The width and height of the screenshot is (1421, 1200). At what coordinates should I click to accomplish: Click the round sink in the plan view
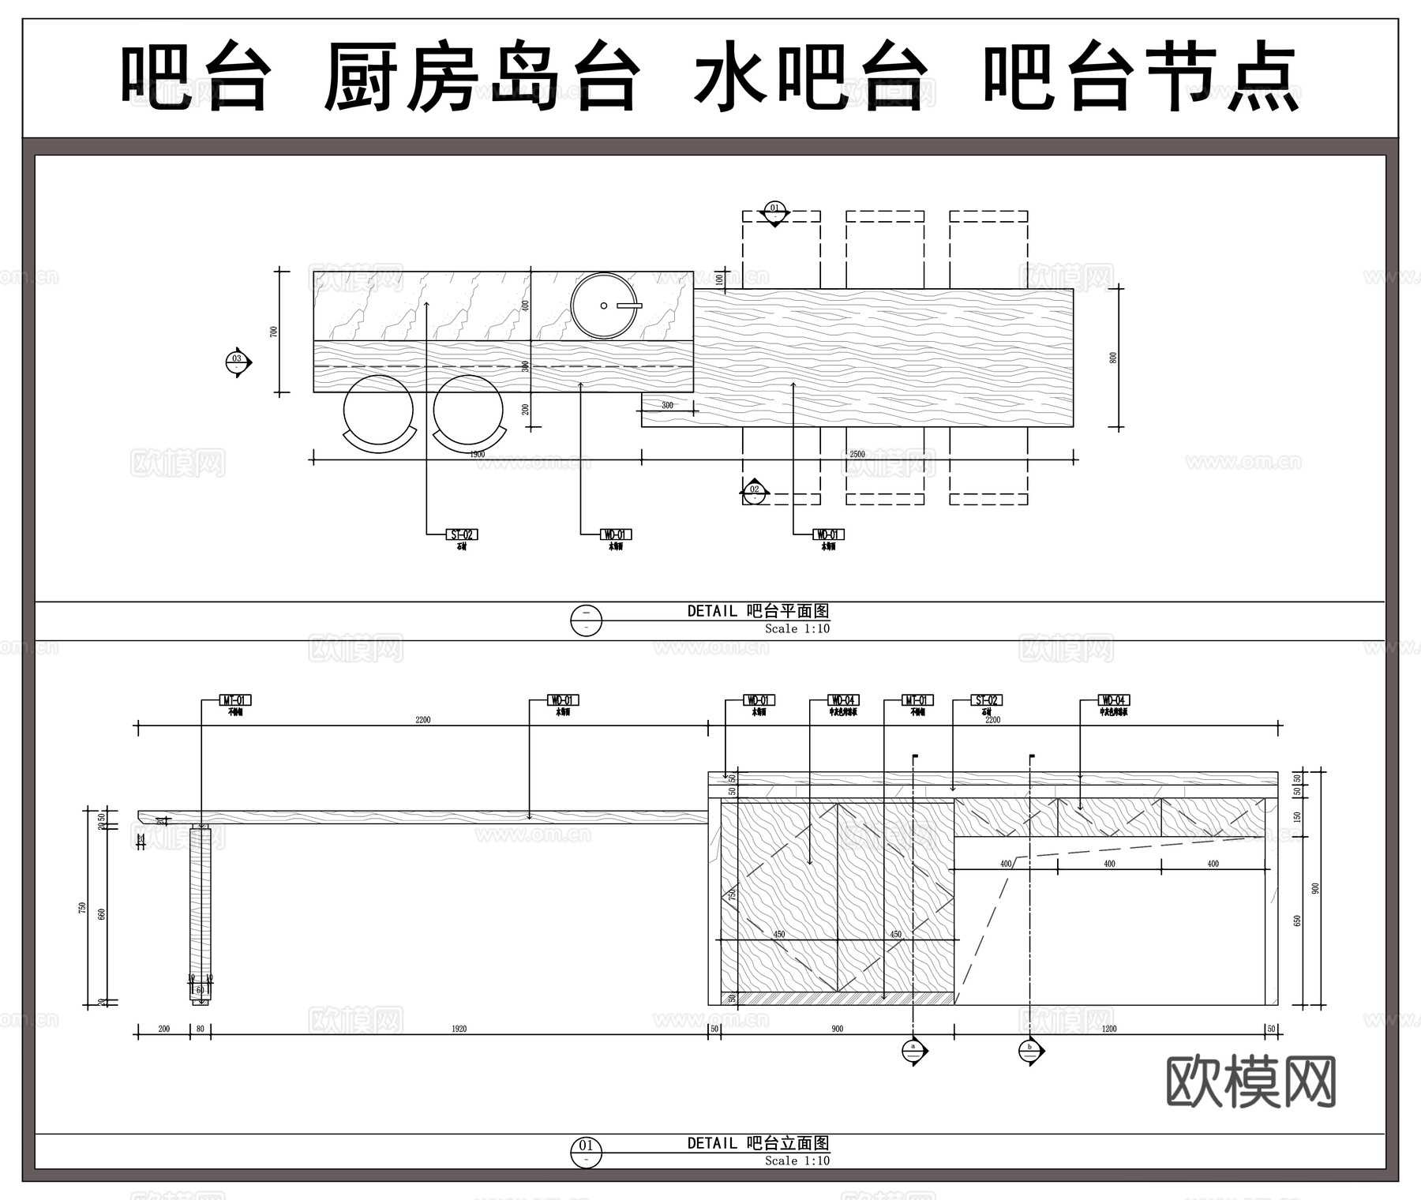604,306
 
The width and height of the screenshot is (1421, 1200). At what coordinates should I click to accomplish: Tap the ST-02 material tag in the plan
462,534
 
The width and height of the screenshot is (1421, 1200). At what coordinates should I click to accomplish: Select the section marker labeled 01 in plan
774,211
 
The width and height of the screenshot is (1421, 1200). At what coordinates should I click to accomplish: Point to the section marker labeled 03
237,362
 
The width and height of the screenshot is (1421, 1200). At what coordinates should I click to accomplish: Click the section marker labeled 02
755,492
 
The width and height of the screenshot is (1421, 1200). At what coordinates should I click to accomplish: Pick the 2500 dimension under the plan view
857,454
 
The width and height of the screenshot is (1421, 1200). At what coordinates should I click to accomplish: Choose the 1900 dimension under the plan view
478,454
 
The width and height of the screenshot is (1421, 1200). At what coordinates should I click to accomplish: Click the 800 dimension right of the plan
1114,358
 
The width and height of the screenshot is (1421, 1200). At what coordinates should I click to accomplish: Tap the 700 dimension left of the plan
274,332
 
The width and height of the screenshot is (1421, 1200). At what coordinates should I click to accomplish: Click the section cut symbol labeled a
914,1050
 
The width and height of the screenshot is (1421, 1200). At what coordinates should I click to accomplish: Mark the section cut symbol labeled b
1030,1050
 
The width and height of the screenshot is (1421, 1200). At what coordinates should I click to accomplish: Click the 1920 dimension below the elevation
459,1029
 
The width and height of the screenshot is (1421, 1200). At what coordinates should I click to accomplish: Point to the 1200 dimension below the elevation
1109,1029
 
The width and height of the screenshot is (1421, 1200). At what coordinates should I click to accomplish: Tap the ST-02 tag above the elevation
987,700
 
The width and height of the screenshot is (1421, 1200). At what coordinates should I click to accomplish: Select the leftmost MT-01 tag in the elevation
235,700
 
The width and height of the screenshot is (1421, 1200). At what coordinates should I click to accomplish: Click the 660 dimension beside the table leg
101,914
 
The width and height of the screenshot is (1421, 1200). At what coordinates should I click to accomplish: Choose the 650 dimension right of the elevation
1297,921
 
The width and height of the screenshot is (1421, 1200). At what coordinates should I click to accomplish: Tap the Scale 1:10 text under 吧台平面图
797,628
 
